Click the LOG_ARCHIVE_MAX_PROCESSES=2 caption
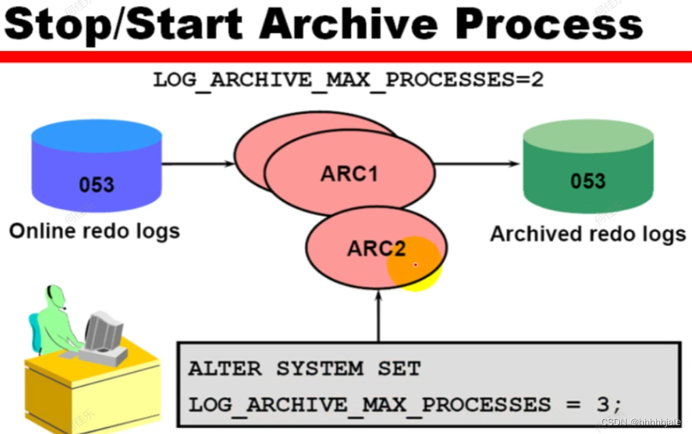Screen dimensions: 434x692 (x=348, y=80)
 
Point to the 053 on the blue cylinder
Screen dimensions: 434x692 (x=97, y=185)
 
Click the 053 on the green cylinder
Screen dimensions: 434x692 (x=588, y=181)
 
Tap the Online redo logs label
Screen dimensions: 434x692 (x=95, y=231)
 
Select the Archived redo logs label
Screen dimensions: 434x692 (x=588, y=234)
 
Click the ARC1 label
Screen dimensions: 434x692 (x=349, y=174)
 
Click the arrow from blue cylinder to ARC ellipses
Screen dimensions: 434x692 (x=198, y=164)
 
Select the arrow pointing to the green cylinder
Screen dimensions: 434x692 (x=477, y=164)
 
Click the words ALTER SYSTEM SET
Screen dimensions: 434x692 (x=304, y=369)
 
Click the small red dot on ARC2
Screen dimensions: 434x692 (x=415, y=264)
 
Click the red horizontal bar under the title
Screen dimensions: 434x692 (x=346, y=57)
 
